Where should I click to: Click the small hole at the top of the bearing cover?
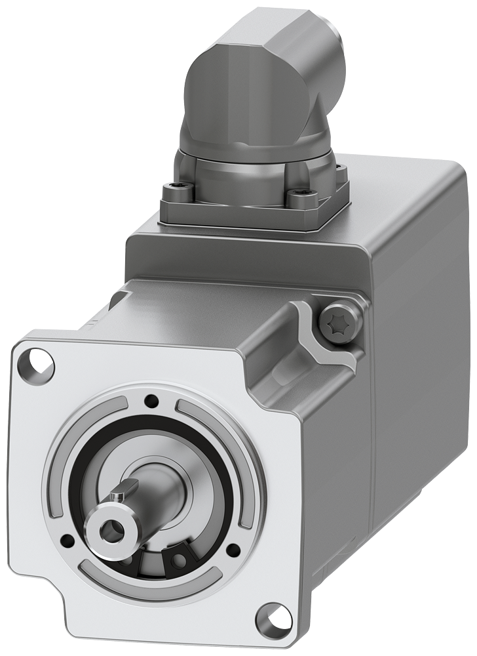click(152, 400)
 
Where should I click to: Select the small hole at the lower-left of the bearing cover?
click(66, 541)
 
